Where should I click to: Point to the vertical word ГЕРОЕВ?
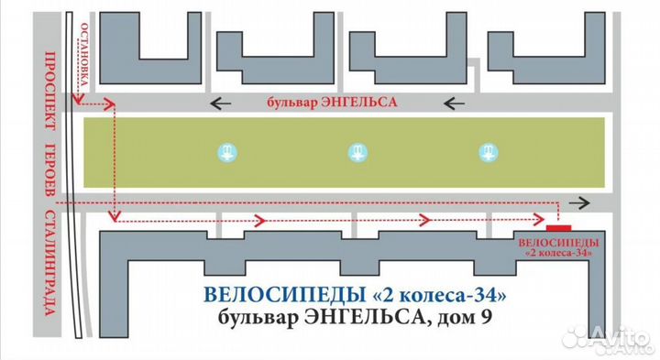[x=51, y=173]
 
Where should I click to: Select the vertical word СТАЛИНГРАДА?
[x=51, y=276]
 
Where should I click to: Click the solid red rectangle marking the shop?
[x=558, y=224]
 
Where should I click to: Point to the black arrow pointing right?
[x=579, y=202]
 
